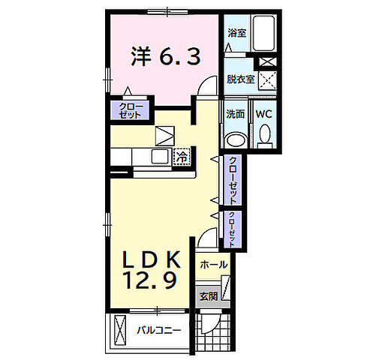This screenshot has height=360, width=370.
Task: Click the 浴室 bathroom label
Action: pos(236,33)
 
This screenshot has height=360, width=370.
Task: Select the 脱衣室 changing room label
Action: pos(240,79)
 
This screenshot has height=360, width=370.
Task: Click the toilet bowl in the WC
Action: pos(264,135)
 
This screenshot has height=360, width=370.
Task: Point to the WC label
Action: pos(263,114)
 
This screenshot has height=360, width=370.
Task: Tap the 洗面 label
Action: pos(235,114)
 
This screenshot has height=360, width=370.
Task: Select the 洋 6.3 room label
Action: pos(166,56)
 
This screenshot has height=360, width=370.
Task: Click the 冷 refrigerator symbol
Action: pos(182,157)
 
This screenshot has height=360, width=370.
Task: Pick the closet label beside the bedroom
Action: pos(130,110)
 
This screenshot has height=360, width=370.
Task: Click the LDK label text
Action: pos(151,259)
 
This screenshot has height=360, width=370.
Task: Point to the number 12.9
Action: pos(151,280)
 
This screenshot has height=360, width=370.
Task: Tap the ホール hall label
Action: pos(214,264)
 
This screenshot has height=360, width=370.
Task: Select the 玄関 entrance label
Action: pos(209,296)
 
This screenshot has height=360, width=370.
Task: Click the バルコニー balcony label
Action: pos(158,331)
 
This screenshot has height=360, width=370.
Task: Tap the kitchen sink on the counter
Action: pos(160,157)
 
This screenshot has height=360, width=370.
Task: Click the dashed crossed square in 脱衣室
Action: pos(267,80)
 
